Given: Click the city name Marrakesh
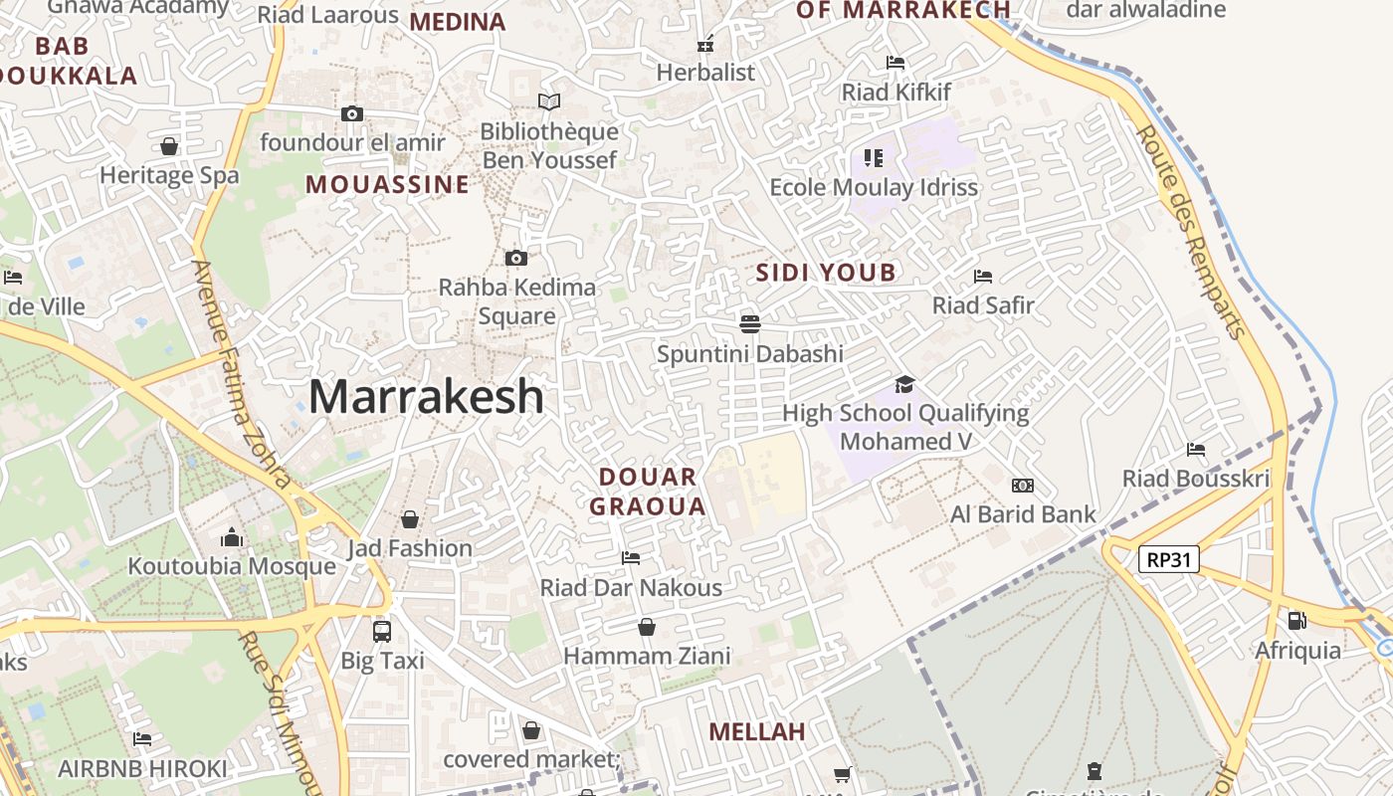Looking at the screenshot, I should click(426, 397).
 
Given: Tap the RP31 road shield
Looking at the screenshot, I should click(1168, 559).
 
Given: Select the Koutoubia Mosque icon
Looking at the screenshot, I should click(232, 537).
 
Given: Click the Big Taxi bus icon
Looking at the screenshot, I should click(382, 631).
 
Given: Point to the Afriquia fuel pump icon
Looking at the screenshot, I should click(1297, 620).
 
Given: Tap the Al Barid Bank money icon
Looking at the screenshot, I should click(1022, 486).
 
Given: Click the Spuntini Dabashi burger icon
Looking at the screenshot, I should click(750, 323).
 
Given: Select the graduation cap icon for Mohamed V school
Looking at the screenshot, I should click(904, 384).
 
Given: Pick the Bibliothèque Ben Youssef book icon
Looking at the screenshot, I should click(548, 101).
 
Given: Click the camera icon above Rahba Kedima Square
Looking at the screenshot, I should click(515, 259).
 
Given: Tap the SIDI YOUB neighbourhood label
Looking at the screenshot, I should click(826, 273).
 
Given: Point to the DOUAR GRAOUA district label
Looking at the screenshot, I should click(648, 492).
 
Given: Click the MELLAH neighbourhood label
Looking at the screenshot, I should click(756, 732).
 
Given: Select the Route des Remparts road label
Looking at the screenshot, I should click(1191, 231).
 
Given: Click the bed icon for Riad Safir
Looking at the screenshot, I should click(983, 276).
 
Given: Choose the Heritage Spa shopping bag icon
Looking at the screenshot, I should click(169, 146).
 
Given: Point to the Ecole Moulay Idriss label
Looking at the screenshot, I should click(874, 187).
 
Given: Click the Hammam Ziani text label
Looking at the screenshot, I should click(647, 657).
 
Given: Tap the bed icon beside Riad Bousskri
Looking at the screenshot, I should click(1196, 450).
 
